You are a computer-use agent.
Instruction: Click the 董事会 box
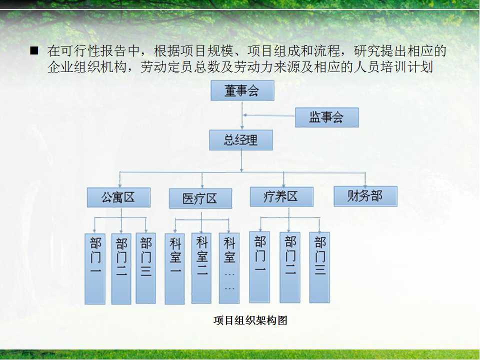(x=242, y=90)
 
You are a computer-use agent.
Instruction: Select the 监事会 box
(x=326, y=117)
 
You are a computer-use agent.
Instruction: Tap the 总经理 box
(x=241, y=140)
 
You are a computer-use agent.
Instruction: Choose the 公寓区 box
(x=118, y=197)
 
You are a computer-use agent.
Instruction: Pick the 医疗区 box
(x=200, y=198)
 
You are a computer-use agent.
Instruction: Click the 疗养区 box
(x=281, y=196)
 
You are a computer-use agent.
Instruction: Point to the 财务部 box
(x=365, y=196)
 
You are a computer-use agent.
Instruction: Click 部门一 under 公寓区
(x=95, y=269)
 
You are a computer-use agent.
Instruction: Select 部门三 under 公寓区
(x=145, y=268)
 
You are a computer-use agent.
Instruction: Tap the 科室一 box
(x=174, y=269)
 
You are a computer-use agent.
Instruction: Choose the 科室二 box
(x=201, y=268)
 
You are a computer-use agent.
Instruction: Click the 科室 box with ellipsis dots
(x=229, y=268)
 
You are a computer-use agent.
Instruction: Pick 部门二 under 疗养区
(x=290, y=267)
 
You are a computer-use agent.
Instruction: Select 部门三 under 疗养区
(x=319, y=267)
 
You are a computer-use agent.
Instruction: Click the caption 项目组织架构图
(x=250, y=320)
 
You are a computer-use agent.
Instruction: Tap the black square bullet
(x=34, y=50)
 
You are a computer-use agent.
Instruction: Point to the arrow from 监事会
(x=269, y=115)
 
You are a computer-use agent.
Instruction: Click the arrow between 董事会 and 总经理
(x=242, y=115)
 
